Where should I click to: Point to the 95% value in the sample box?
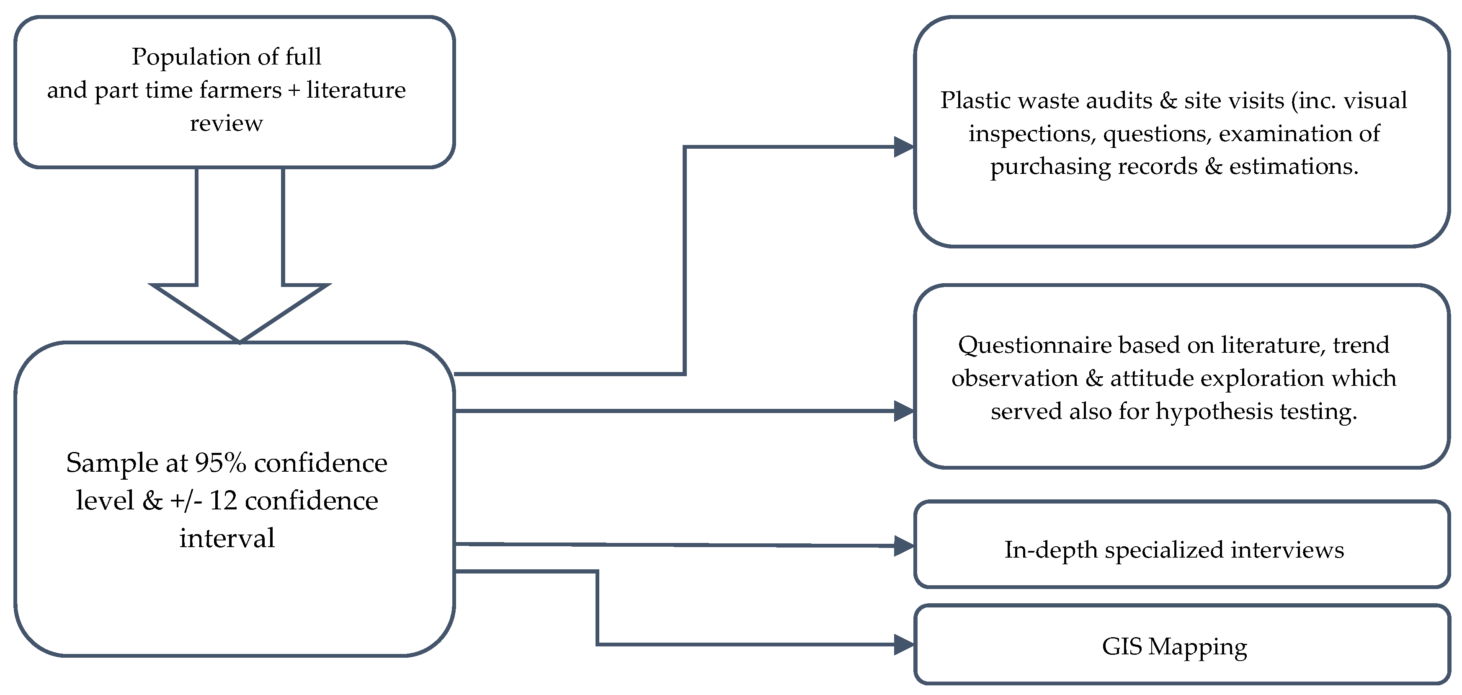[220, 463]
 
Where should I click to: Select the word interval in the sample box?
[227, 538]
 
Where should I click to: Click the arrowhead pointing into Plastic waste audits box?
[903, 147]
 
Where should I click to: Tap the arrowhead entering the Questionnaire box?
[903, 411]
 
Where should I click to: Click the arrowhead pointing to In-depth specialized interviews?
[903, 546]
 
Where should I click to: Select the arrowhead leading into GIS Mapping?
[903, 644]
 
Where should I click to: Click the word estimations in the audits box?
[1294, 166]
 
